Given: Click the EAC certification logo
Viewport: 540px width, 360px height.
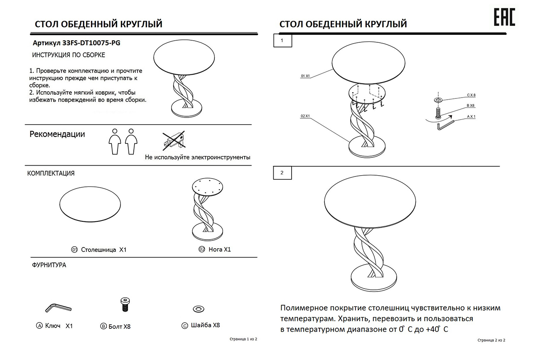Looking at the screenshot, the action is click(x=505, y=17).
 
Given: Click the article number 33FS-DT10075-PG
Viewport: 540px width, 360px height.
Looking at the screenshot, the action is click(x=91, y=43).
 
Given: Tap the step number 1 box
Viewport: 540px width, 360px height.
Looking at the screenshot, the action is click(x=282, y=40).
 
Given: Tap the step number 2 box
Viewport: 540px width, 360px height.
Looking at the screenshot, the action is click(x=282, y=173).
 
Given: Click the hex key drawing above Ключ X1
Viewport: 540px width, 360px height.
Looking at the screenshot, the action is click(x=58, y=308).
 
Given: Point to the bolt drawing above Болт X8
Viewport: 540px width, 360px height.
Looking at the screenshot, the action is click(x=125, y=305).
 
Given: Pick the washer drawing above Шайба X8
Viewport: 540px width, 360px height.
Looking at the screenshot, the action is click(x=199, y=309).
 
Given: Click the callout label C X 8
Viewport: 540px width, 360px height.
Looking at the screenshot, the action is click(x=471, y=95).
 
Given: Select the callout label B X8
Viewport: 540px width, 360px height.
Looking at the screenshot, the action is click(x=471, y=105).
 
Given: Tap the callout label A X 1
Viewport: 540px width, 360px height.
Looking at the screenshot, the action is click(x=471, y=117).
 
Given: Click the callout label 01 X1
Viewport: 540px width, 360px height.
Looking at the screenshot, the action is click(x=305, y=76).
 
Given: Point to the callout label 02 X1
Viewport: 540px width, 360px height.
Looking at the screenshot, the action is click(x=305, y=116).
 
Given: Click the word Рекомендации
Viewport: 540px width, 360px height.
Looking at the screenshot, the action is click(x=57, y=134).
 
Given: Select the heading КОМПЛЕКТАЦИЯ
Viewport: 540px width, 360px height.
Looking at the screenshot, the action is click(x=51, y=173).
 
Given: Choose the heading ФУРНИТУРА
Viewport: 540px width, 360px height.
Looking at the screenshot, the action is click(x=49, y=265).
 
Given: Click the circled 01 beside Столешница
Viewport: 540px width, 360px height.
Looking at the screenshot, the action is click(x=74, y=250).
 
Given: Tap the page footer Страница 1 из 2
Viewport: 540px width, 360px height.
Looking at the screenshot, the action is click(x=243, y=339).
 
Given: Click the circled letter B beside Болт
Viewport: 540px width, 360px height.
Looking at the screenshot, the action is click(x=103, y=326).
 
